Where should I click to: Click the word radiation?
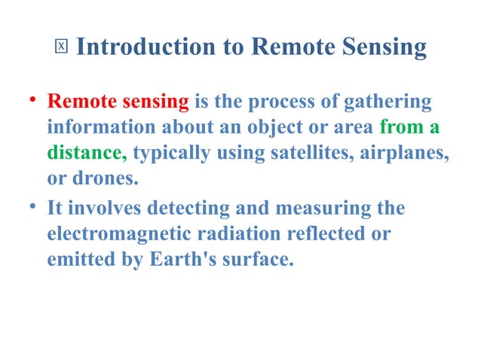click(x=240, y=234)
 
